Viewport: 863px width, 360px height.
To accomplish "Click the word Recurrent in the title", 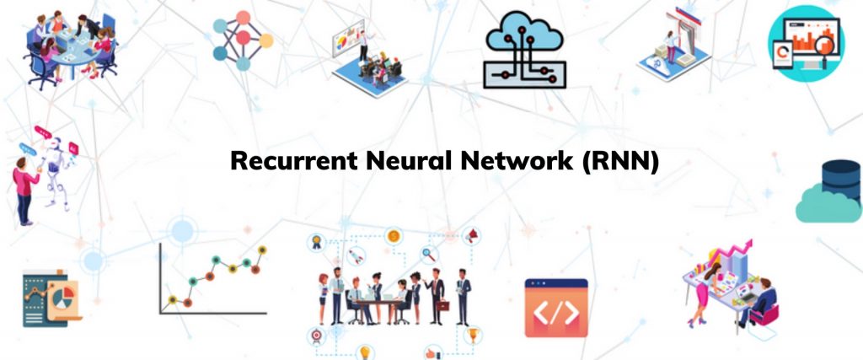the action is [x=293, y=161].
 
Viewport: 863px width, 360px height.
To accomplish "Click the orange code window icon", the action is [x=556, y=308].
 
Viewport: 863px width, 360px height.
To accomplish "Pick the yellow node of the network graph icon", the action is [x=266, y=40].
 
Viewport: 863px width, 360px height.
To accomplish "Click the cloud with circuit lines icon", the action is [x=524, y=50].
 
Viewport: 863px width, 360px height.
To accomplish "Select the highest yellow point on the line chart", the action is [x=262, y=250].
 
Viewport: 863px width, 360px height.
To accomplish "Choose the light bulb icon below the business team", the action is [x=364, y=352].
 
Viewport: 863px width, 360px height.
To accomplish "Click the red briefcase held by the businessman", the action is [x=443, y=305].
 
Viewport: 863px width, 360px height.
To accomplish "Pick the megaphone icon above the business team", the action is [x=471, y=236].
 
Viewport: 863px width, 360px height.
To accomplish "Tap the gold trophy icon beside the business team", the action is [x=472, y=334].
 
